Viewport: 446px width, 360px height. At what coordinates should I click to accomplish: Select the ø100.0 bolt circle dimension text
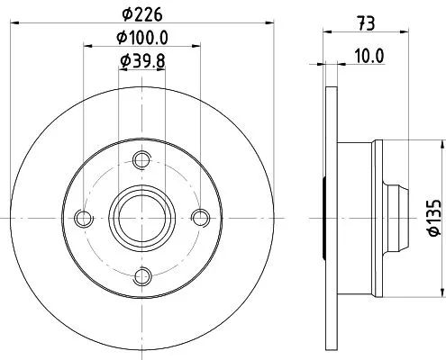(142, 39)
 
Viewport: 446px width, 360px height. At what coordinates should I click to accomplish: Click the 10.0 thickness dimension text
(369, 55)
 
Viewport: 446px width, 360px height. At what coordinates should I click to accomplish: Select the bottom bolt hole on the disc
(140, 275)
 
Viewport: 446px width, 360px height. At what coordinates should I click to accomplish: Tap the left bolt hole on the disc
(83, 218)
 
